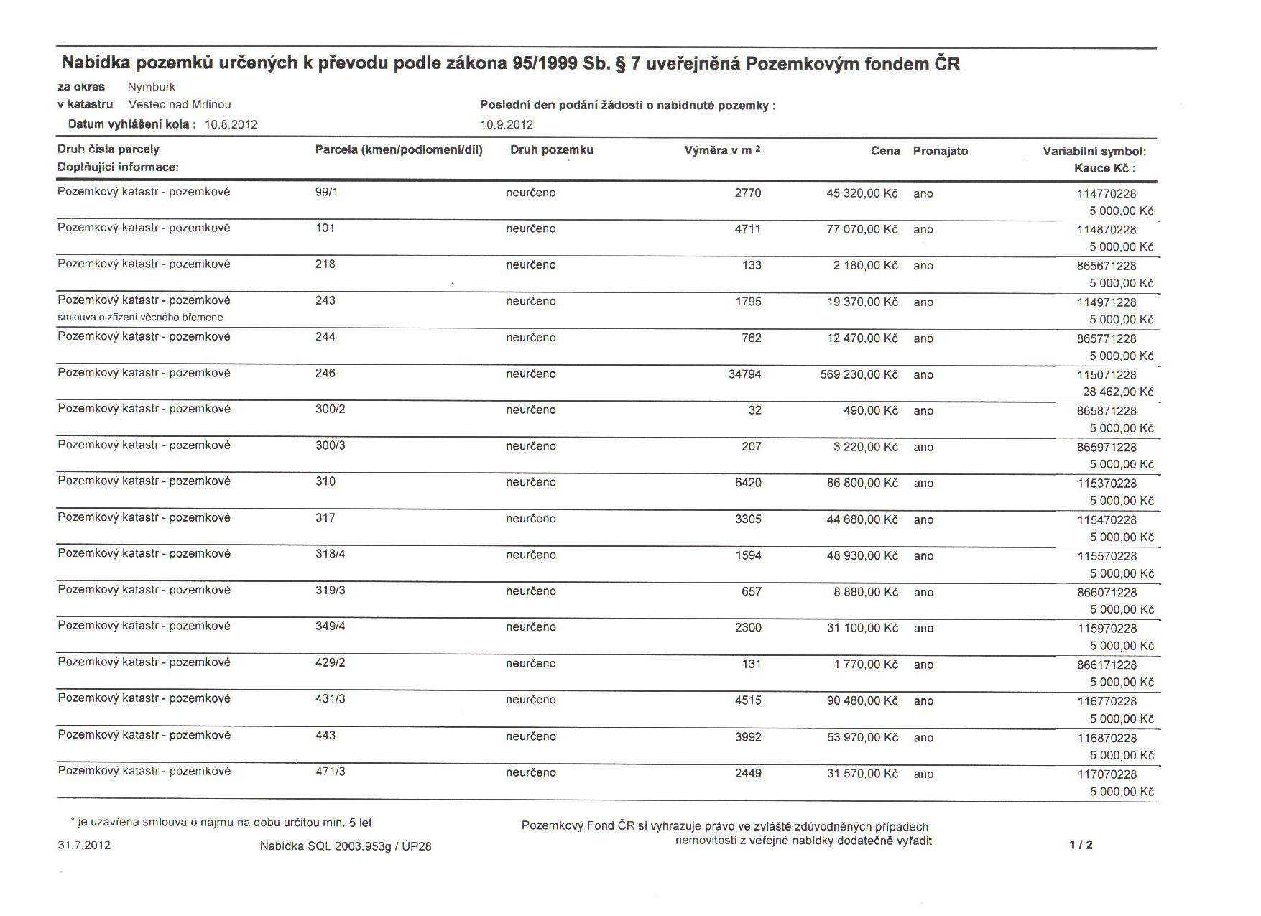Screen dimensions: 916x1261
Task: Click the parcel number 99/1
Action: (x=326, y=193)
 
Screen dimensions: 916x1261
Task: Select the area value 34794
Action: (x=744, y=374)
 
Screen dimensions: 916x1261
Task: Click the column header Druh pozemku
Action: (x=552, y=150)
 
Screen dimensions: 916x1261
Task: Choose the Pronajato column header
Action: (x=940, y=151)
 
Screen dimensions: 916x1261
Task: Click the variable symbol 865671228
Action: (x=1107, y=266)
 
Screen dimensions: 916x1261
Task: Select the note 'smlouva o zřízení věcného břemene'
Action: (x=140, y=318)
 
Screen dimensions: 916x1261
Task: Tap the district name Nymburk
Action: (x=152, y=87)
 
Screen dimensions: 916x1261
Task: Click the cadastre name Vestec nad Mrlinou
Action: (x=180, y=105)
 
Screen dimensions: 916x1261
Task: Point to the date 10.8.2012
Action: (x=231, y=124)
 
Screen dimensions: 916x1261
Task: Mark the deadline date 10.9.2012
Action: (x=507, y=124)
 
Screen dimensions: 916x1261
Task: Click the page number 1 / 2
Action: (x=1081, y=845)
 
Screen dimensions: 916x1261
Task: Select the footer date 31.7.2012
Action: (x=84, y=845)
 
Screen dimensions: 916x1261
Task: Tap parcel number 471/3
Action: (x=331, y=772)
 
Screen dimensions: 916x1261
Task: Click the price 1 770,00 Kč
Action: (x=866, y=665)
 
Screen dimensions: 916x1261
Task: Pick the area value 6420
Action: (x=748, y=483)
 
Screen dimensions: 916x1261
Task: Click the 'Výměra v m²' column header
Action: (x=722, y=151)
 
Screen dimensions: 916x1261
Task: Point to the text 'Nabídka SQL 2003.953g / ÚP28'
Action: (x=346, y=846)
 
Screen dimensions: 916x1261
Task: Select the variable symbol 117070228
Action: (x=1107, y=774)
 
